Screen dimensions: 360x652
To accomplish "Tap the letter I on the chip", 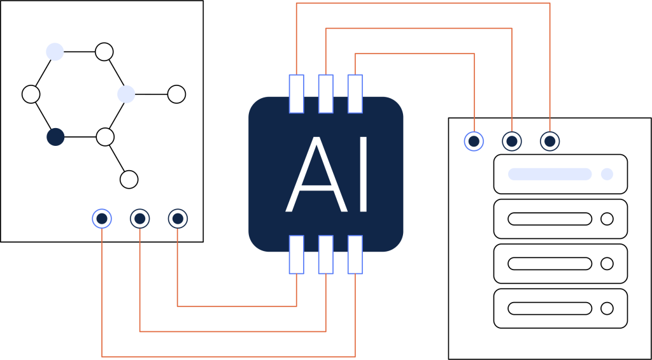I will tap(364, 175).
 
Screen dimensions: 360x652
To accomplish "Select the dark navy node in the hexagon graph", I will tap(55, 137).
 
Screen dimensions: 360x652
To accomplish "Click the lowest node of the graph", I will tap(129, 180).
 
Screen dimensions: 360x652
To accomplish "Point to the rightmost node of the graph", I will tap(176, 94).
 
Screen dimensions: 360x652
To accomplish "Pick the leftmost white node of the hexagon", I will tap(31, 94).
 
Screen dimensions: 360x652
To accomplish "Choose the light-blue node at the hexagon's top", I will tap(55, 52).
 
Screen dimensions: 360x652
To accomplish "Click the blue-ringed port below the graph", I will tap(102, 219).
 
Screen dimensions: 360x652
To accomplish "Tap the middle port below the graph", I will tap(139, 219).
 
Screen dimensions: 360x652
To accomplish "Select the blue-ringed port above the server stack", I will tap(474, 141).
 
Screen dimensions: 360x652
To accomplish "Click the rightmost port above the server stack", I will tap(549, 141).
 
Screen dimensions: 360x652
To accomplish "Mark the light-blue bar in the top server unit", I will tap(549, 174).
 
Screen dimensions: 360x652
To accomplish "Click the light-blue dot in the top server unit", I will tap(607, 174).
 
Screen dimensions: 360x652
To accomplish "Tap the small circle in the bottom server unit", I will tap(607, 308).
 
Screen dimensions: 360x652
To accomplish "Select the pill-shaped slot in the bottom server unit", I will tap(549, 308).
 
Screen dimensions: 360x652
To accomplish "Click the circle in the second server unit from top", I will tap(607, 219).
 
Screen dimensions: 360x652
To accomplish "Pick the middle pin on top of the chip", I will tap(325, 94).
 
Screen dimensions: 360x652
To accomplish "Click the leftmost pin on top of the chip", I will tap(296, 94).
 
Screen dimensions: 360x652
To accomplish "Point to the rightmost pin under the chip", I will tap(355, 255).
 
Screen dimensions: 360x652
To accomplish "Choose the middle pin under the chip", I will tap(325, 255).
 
